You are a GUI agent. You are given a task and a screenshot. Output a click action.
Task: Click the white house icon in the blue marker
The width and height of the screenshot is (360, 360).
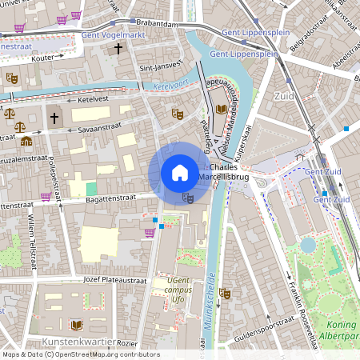(x=180, y=172)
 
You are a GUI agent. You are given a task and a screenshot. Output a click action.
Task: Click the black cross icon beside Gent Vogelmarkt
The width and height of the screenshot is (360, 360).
(x=118, y=50)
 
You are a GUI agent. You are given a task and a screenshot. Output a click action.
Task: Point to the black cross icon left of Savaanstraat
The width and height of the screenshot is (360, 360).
(x=54, y=118)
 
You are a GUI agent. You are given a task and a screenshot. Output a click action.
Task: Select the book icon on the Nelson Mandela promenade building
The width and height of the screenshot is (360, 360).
(x=221, y=110)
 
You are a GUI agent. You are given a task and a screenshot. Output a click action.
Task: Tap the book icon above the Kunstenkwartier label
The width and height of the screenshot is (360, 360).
(x=77, y=325)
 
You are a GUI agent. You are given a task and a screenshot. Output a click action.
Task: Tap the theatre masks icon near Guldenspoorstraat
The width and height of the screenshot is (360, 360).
(x=226, y=294)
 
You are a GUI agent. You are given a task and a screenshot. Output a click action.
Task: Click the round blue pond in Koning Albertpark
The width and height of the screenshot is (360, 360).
(x=308, y=244)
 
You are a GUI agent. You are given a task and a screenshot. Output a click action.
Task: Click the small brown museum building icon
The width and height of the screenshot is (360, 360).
(x=26, y=141)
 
